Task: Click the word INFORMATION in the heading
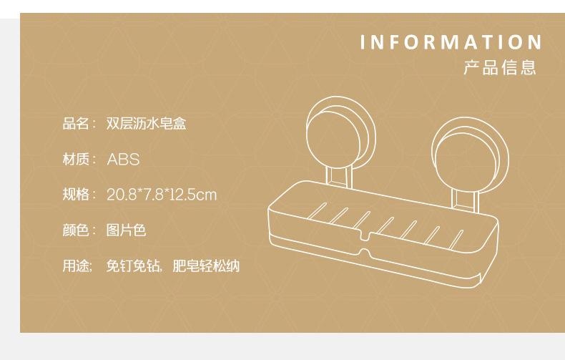(x=451, y=42)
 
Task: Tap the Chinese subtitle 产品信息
(x=499, y=68)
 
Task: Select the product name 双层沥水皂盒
(x=146, y=124)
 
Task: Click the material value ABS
(x=123, y=159)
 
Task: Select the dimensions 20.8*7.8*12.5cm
(x=162, y=194)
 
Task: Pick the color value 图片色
(x=126, y=230)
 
